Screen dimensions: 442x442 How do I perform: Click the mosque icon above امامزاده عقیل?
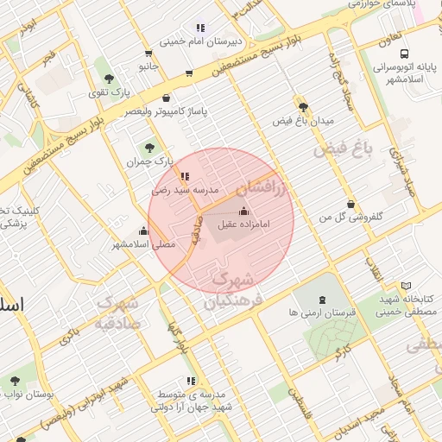coord(242,212)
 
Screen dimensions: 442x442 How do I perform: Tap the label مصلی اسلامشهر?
coord(142,244)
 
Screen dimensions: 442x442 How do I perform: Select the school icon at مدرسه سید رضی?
coord(185,176)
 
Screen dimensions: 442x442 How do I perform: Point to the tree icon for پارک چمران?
coord(150,148)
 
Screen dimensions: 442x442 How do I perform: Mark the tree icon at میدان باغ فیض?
coord(302,107)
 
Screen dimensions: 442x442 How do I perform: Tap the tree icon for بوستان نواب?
coord(15,380)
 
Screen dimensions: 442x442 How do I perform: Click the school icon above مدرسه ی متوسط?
coord(190,381)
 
